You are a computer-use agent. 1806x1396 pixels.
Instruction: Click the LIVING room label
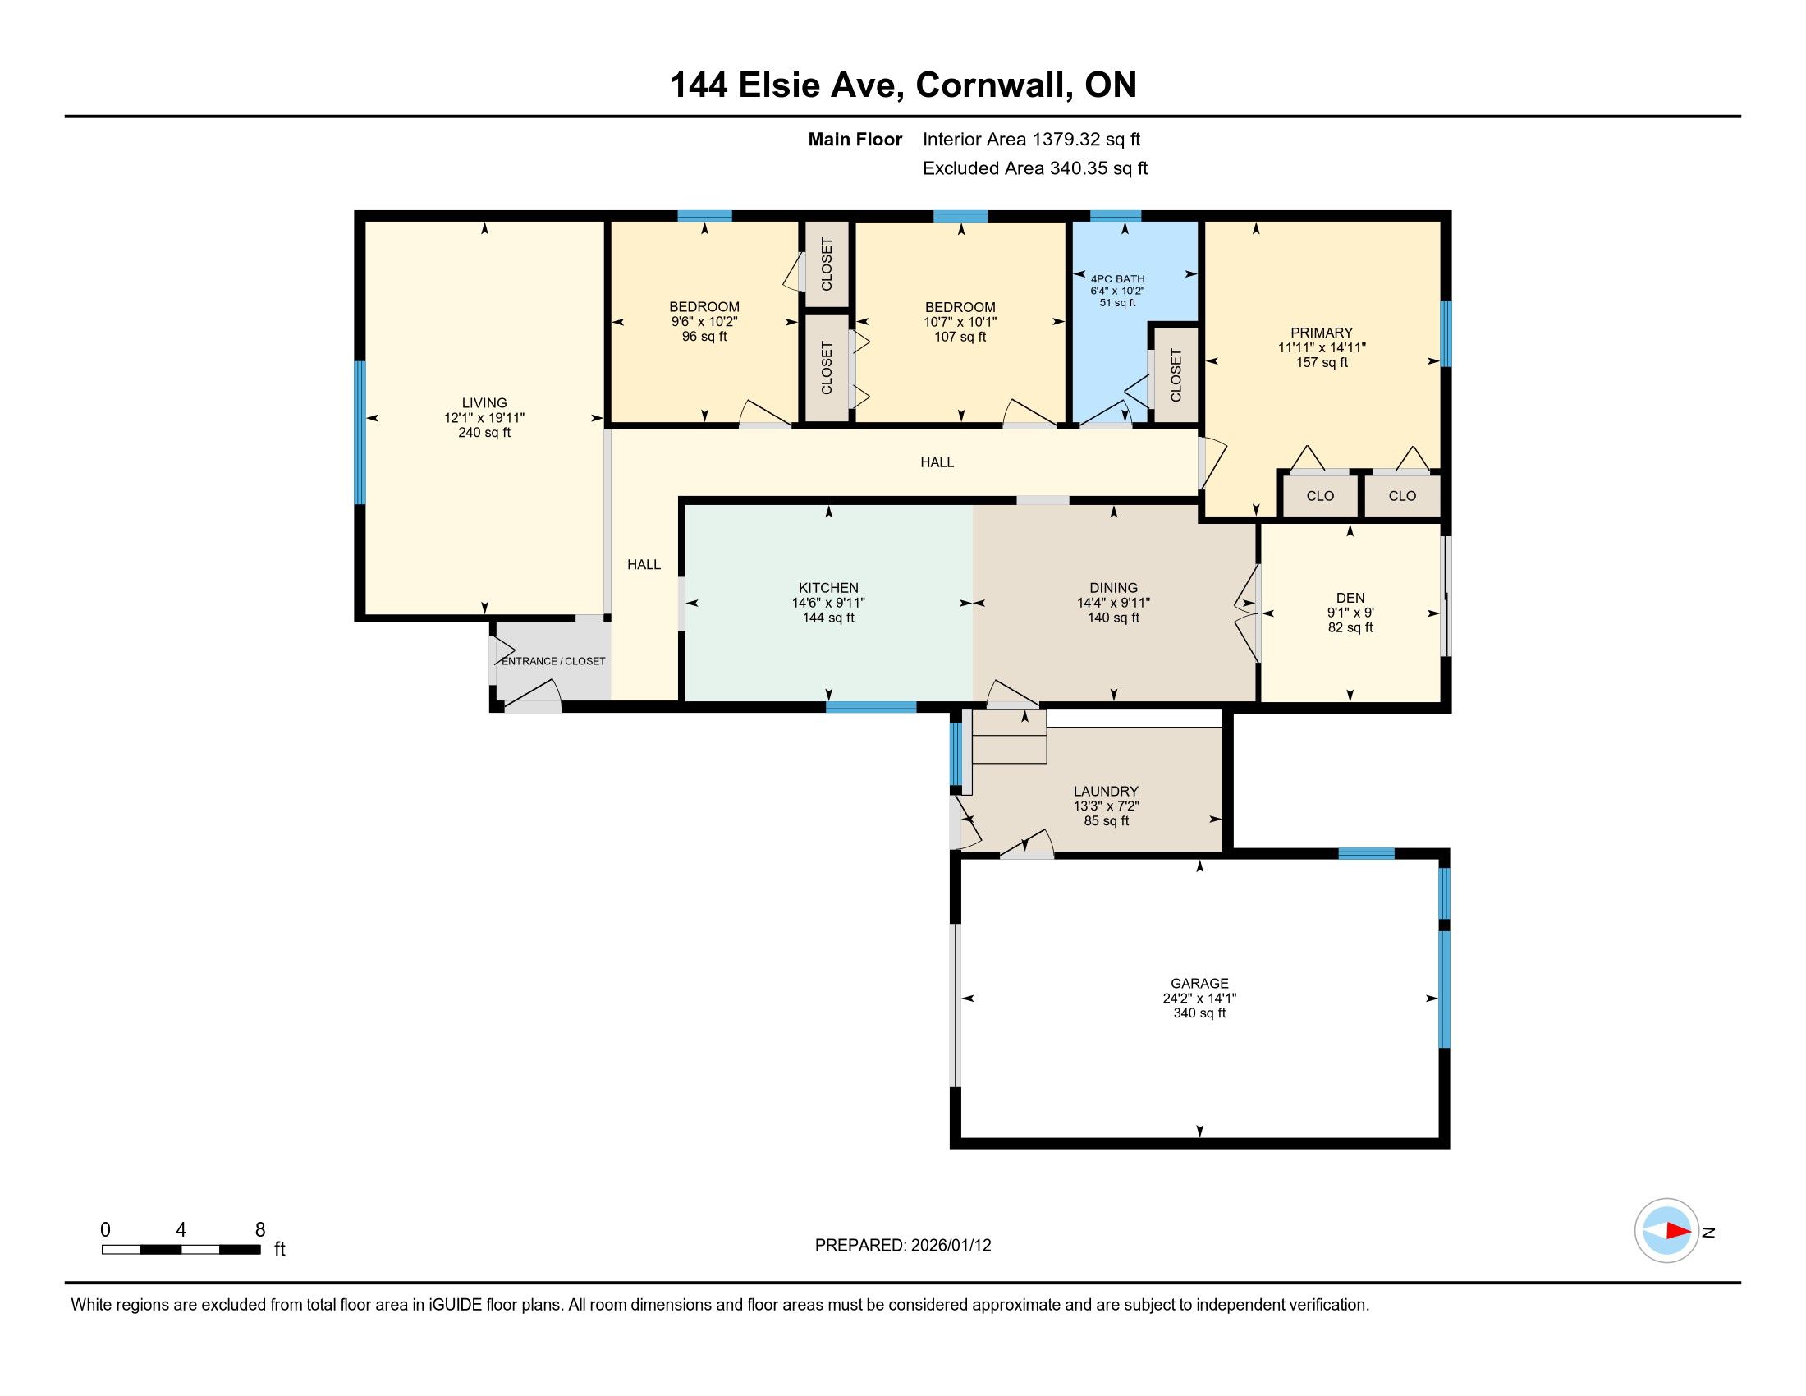(x=484, y=402)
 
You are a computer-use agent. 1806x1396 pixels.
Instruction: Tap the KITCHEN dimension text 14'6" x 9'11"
(x=827, y=603)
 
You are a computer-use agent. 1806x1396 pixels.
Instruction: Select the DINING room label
(x=1113, y=588)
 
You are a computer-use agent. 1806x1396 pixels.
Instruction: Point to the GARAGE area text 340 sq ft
(x=1199, y=1013)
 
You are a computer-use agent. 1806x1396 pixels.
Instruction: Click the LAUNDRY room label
(x=1106, y=792)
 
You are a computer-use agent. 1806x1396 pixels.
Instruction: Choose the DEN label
(x=1350, y=598)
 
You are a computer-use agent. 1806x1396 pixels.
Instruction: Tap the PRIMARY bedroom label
(x=1322, y=333)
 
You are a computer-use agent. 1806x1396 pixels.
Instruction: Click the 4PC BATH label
(x=1117, y=278)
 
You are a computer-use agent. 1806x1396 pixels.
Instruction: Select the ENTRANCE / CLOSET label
(x=553, y=661)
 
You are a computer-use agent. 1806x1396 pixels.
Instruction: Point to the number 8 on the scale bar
(x=259, y=1230)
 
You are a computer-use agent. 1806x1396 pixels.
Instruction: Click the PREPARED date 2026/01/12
(x=950, y=1246)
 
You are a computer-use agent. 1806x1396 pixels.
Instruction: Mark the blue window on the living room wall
(x=360, y=433)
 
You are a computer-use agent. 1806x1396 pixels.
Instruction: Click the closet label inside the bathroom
(x=1176, y=374)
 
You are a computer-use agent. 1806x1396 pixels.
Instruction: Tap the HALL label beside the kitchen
(x=644, y=565)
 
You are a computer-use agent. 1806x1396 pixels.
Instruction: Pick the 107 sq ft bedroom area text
(x=960, y=337)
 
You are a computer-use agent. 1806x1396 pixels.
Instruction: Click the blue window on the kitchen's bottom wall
(x=871, y=707)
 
